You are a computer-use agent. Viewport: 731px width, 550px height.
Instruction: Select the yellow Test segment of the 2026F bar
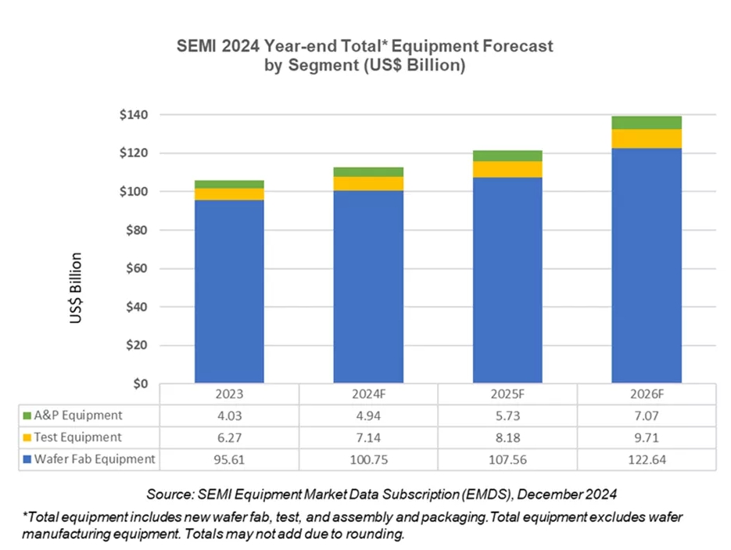click(x=647, y=138)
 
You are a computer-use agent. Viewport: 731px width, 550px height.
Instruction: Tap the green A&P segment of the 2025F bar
click(x=507, y=156)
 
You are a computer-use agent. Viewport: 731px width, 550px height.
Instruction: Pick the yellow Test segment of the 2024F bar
click(x=368, y=183)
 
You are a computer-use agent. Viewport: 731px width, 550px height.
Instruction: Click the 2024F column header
click(x=368, y=394)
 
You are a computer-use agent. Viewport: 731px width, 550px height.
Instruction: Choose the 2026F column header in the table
click(x=647, y=394)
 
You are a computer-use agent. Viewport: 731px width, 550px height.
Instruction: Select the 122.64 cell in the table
click(x=647, y=459)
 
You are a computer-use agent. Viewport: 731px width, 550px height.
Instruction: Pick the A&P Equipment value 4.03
click(x=229, y=415)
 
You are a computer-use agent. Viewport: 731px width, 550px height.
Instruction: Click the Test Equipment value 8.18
click(x=507, y=437)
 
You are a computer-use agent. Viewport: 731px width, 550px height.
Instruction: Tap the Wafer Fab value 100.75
click(x=368, y=459)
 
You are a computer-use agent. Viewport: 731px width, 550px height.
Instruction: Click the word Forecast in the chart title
click(x=511, y=46)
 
